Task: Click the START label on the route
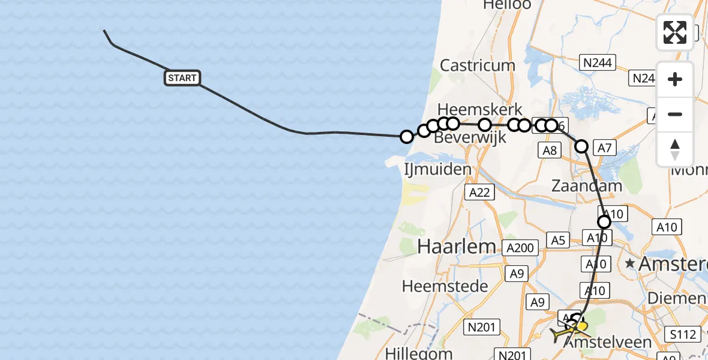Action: tap(182, 78)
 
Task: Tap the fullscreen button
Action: tap(675, 32)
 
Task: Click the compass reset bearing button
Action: tap(675, 149)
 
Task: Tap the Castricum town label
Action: tap(478, 65)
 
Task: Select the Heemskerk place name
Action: tap(480, 110)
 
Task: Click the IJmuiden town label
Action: tap(438, 169)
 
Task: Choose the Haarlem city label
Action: tap(457, 246)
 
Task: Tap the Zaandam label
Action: tap(587, 186)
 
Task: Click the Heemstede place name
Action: tap(445, 286)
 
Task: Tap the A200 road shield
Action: tap(520, 248)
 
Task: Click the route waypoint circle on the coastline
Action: tap(406, 137)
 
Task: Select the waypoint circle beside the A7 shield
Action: tap(581, 146)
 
